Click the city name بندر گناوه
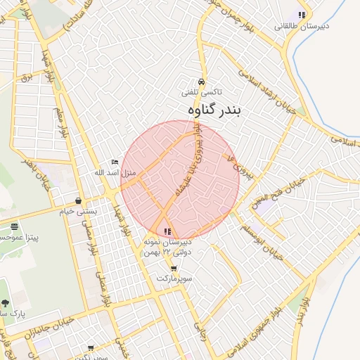click(x=214, y=111)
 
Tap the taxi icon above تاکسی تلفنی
click(x=202, y=81)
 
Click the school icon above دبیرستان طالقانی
click(x=302, y=15)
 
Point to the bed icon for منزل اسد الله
click(x=115, y=162)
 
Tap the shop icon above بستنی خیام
click(x=77, y=200)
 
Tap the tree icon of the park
click(x=5, y=303)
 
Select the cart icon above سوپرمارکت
click(x=174, y=269)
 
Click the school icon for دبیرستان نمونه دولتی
click(x=167, y=231)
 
